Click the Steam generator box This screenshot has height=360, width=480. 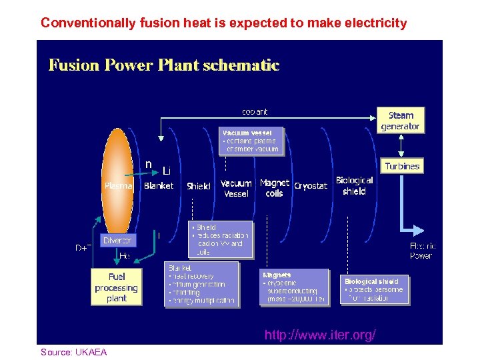pos(400,120)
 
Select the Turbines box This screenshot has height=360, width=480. pos(402,166)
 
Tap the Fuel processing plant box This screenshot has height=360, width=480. pos(116,287)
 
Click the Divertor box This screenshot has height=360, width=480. pos(117,240)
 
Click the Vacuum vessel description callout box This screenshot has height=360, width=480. pos(252,141)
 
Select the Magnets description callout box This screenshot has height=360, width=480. pos(294,287)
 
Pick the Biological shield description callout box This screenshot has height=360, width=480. pos(374,290)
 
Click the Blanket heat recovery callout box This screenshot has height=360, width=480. pos(201,284)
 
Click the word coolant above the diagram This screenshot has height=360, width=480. pos(255,112)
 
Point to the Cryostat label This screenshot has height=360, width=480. pos(311,186)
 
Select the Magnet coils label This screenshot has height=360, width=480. pos(274,188)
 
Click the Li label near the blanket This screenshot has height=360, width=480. pos(167,171)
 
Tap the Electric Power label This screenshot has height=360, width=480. pos(421,251)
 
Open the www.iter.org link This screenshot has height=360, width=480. pos(319,335)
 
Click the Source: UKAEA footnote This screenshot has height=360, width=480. pos(73,352)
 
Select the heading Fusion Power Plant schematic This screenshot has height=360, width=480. pos(164,65)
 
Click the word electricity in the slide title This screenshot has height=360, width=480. pos(373,23)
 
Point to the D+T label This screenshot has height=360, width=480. pos(83,248)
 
